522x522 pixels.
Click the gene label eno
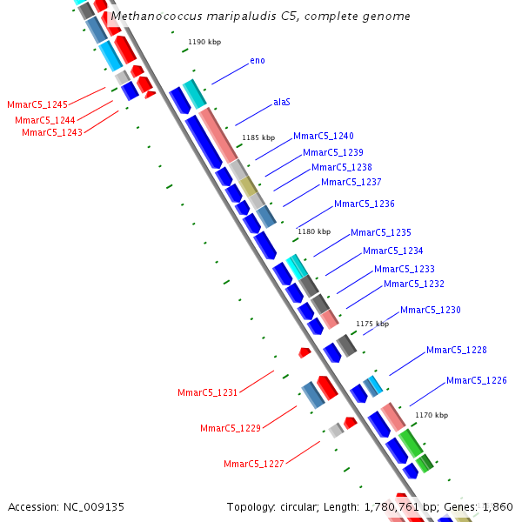[258, 60]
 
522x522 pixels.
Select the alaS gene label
[282, 102]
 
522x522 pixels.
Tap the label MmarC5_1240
[324, 137]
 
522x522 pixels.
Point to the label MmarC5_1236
[365, 204]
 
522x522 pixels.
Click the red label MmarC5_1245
[37, 105]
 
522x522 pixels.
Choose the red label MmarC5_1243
[52, 132]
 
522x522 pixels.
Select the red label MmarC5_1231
[207, 393]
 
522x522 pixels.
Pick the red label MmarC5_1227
[254, 464]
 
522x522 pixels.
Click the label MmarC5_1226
[477, 381]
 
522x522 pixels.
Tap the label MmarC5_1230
[431, 311]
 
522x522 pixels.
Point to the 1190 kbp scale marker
[205, 42]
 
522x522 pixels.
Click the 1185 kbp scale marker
[258, 137]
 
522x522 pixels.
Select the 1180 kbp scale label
[314, 231]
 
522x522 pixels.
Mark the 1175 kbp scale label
[371, 324]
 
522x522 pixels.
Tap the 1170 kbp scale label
[431, 416]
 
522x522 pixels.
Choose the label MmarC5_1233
[405, 270]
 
